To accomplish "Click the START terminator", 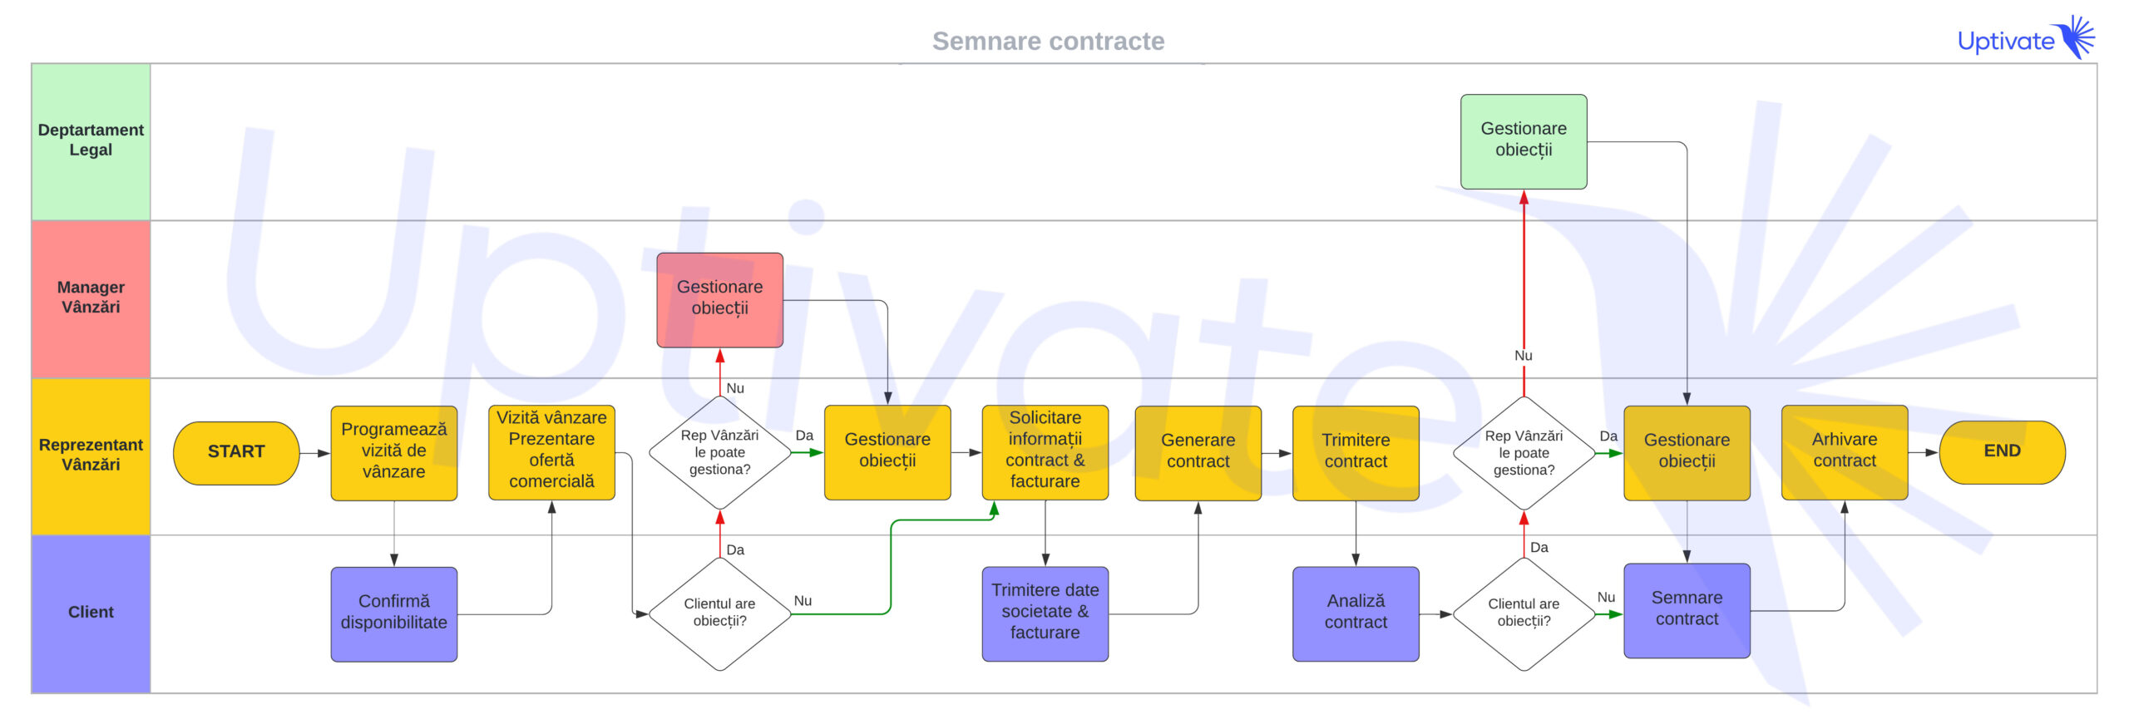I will tap(236, 452).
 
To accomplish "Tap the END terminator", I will tap(2001, 451).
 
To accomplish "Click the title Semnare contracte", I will tap(1048, 41).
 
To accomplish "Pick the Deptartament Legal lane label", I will tap(91, 140).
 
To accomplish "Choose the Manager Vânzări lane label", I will tap(91, 298).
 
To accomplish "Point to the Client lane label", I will tap(91, 613).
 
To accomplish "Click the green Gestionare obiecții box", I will tap(1523, 140).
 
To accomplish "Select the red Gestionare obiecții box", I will tap(719, 298).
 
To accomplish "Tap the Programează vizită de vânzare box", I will tap(393, 451).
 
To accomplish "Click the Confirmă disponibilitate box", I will tap(393, 613).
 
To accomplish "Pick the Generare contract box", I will tap(1198, 451).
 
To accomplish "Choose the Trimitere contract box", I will tap(1355, 451).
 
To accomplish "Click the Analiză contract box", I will tap(1355, 613).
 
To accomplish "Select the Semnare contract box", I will tap(1686, 609).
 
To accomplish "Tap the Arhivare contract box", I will tap(1844, 451).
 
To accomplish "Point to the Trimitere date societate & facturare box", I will tap(1045, 613).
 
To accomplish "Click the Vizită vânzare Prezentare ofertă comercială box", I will tap(551, 451).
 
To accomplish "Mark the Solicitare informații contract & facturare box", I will tap(1045, 451).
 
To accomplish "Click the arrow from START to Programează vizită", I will tap(314, 453).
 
